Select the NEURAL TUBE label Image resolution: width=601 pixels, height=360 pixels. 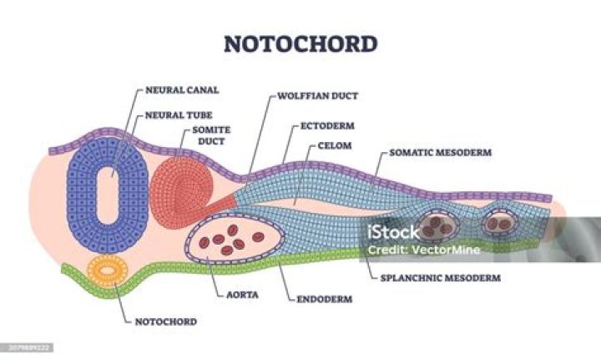[x=173, y=115]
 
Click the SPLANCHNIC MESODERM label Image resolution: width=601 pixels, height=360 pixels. [x=440, y=277]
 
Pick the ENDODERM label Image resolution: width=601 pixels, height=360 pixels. [x=323, y=297]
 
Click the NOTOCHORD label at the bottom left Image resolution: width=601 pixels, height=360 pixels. [x=164, y=321]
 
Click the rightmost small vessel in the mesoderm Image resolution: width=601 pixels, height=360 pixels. [x=501, y=223]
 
